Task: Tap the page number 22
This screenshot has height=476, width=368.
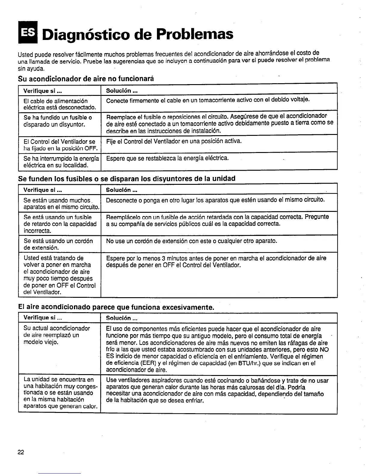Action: coord(21,453)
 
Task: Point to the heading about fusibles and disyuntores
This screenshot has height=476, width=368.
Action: coord(127,178)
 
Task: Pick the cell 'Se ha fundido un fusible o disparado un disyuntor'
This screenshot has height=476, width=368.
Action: coord(58,121)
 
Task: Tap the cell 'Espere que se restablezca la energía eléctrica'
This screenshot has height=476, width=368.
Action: coord(167,158)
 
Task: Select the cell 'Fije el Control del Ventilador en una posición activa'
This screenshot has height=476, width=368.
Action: coord(174,141)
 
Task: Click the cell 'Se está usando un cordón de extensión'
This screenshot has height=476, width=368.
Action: coord(58,244)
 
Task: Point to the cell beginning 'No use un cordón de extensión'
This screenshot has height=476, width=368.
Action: coord(192,241)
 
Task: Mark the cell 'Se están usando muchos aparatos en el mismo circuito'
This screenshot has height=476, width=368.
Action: coord(61,203)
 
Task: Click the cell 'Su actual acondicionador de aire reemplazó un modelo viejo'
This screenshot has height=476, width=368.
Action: coord(57,335)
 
